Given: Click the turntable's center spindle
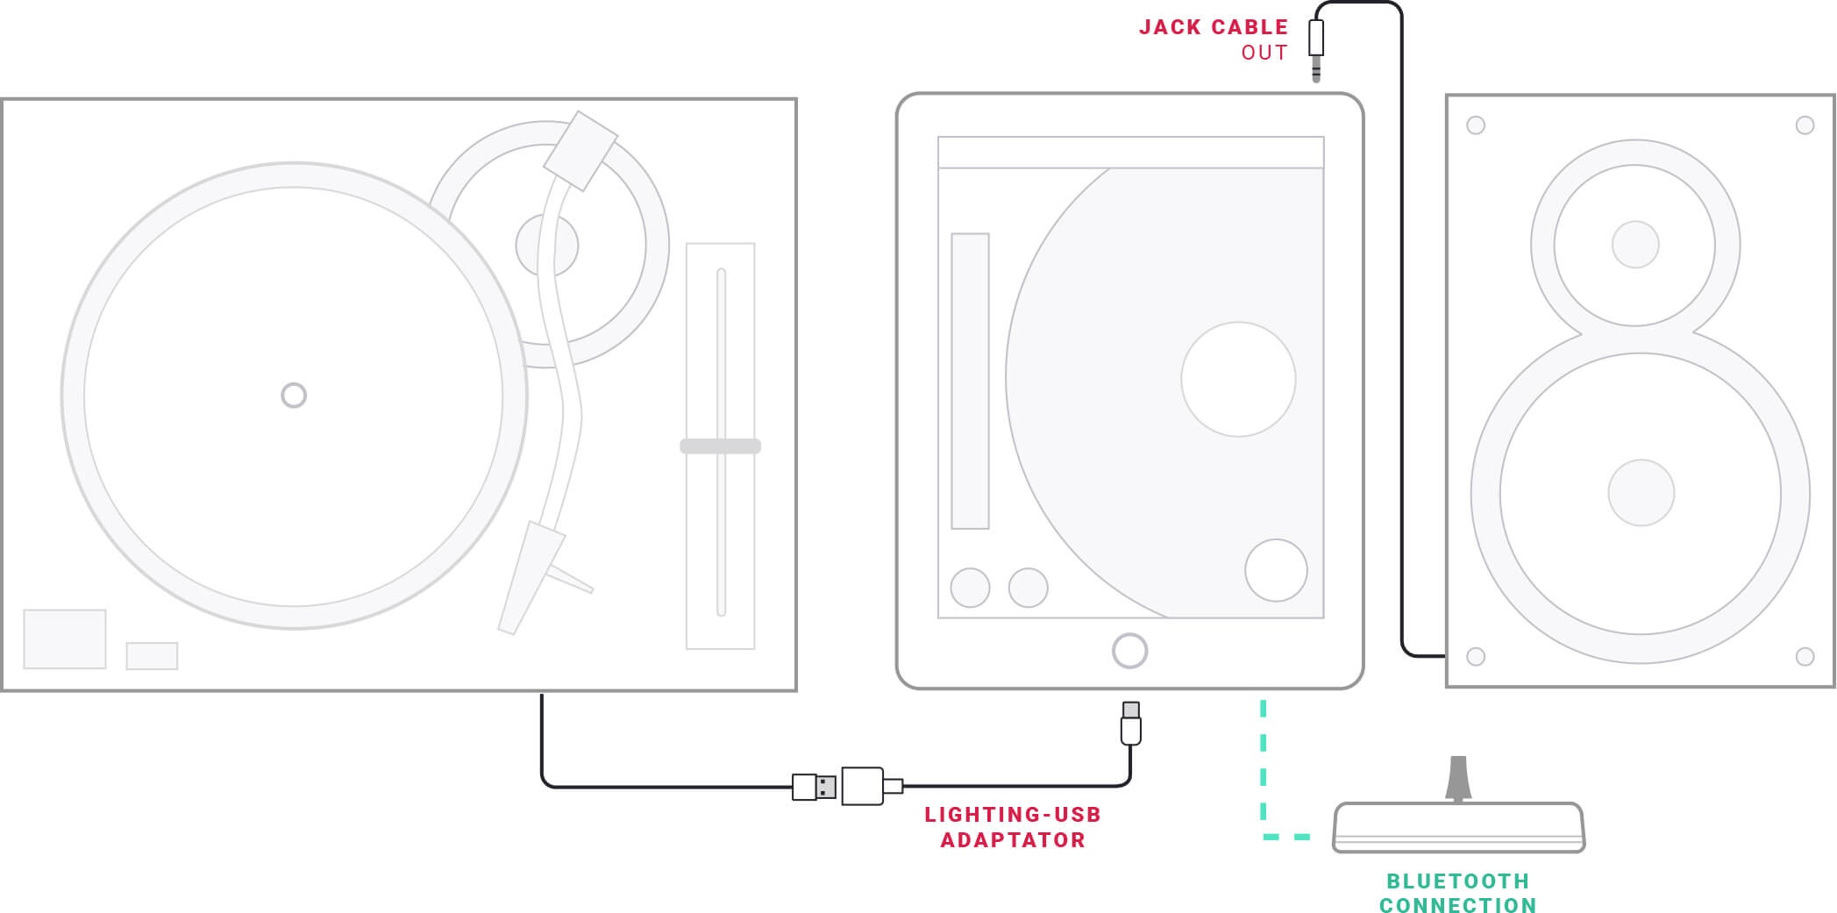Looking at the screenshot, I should pyautogui.click(x=294, y=396).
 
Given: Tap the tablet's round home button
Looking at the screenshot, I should pyautogui.click(x=1129, y=651).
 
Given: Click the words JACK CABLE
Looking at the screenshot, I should pyautogui.click(x=1213, y=27).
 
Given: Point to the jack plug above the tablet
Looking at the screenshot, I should pyautogui.click(x=1315, y=44).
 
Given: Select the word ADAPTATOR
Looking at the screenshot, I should pyautogui.click(x=1013, y=840).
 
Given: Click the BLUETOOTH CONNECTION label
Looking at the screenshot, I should pyautogui.click(x=1457, y=893).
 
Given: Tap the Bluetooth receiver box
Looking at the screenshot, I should pyautogui.click(x=1458, y=827).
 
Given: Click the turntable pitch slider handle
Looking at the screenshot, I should pyautogui.click(x=720, y=446).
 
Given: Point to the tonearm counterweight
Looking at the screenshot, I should pyautogui.click(x=580, y=150).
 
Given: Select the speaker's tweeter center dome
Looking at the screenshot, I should pyautogui.click(x=1635, y=244).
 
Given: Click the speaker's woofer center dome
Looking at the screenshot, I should pyautogui.click(x=1641, y=493).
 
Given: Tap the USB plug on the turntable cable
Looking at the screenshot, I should pyautogui.click(x=815, y=787).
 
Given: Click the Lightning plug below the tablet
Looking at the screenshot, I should pyautogui.click(x=1131, y=724).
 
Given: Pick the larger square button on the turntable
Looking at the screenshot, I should pyautogui.click(x=65, y=639).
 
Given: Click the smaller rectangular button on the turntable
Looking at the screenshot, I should pyautogui.click(x=152, y=656).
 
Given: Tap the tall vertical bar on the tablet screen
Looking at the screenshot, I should pyautogui.click(x=970, y=381).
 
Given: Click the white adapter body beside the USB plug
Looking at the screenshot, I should pyautogui.click(x=862, y=786).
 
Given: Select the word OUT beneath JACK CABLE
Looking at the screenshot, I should pyautogui.click(x=1264, y=53).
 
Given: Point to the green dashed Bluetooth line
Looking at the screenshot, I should pyautogui.click(x=1264, y=772).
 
